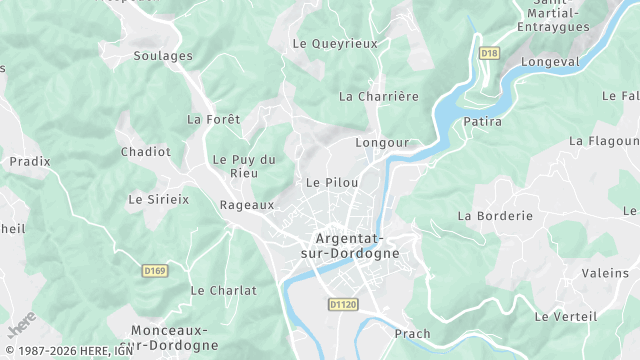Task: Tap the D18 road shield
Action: [489, 53]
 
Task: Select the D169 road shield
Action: [154, 270]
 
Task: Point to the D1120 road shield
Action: [342, 304]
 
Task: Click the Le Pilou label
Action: [332, 183]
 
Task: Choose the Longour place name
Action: [382, 143]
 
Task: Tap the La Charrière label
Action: [379, 97]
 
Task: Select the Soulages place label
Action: [162, 56]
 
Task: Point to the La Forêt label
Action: [214, 119]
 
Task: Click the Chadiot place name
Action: [145, 152]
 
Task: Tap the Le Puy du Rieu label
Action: [244, 166]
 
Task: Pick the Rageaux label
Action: [246, 205]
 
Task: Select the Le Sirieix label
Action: [158, 199]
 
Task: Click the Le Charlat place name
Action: [223, 291]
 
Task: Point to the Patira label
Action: [483, 122]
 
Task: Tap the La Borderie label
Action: [495, 216]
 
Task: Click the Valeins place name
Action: [605, 273]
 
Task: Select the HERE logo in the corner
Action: [21, 325]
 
